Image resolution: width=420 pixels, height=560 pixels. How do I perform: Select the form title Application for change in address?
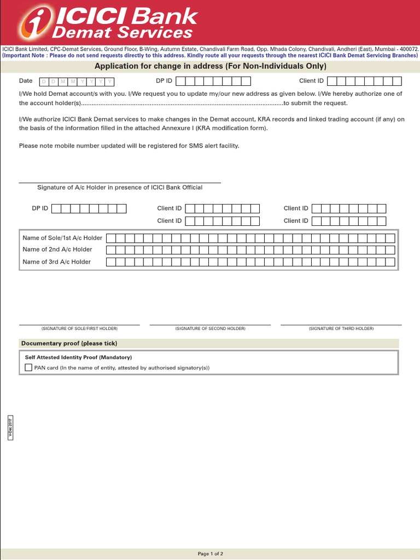[x=211, y=66]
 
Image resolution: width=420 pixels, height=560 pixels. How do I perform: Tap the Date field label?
[x=26, y=81]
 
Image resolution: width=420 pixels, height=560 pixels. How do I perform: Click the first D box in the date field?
[x=44, y=81]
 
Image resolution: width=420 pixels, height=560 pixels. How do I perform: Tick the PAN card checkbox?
[x=28, y=368]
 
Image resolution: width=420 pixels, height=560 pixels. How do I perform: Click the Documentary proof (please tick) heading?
[x=69, y=343]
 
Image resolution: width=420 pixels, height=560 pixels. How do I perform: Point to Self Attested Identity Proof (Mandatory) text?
[x=78, y=357]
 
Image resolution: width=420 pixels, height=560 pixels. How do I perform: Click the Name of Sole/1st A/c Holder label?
[x=62, y=238]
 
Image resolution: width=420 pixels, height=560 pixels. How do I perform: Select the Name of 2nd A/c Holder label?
[x=57, y=249]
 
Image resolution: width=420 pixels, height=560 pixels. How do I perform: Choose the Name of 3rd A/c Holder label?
[x=57, y=262]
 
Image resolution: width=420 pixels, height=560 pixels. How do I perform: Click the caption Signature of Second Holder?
[x=210, y=329]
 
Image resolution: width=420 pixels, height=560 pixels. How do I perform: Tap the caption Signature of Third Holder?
[x=341, y=329]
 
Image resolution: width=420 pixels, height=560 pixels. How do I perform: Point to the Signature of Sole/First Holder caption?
[x=79, y=329]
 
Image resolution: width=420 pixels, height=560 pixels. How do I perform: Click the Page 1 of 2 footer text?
[x=210, y=554]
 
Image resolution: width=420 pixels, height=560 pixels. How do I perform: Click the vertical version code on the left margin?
[x=10, y=427]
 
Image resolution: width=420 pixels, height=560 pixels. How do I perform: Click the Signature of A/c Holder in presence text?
[x=120, y=188]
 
